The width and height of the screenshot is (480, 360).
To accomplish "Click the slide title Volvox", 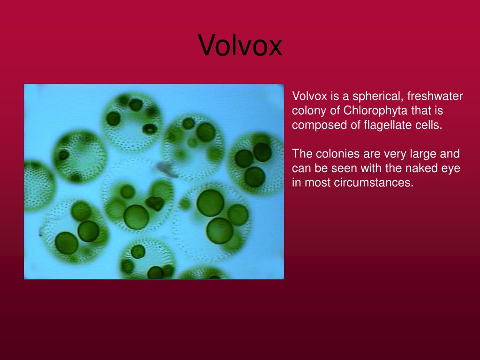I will (240, 45).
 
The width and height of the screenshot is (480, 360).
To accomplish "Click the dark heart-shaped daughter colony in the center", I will (154, 203).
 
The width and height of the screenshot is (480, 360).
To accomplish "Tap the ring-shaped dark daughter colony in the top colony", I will (149, 128).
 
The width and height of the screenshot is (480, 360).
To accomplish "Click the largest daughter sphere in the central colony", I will (136, 217).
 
